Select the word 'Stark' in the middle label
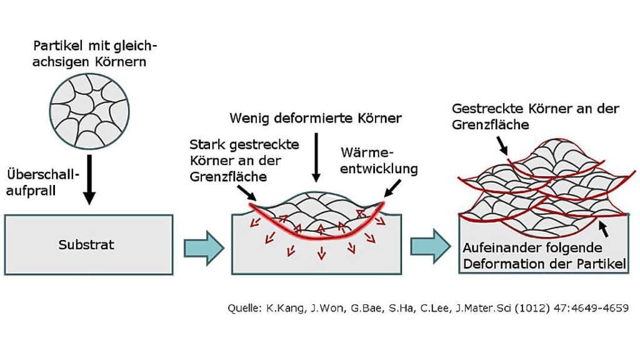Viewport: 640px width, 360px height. tap(203, 145)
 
